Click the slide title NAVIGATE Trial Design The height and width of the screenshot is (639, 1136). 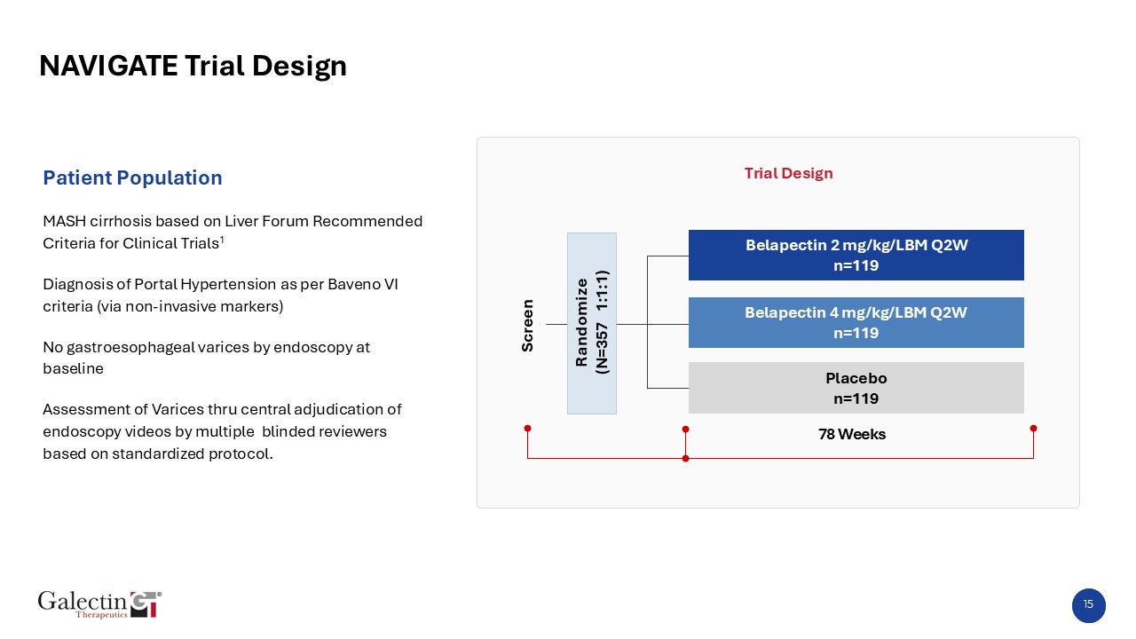(193, 66)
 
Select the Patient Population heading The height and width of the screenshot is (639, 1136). (132, 177)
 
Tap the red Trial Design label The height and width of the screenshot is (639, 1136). (788, 173)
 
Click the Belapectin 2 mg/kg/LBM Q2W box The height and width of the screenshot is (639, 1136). (856, 255)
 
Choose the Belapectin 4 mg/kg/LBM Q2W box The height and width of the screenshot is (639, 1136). (856, 322)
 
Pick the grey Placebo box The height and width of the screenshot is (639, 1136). (856, 388)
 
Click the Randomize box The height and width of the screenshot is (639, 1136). (591, 323)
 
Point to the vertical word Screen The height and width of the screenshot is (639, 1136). (527, 325)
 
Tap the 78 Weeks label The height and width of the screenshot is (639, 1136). (852, 434)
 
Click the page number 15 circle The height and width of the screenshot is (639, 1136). (1088, 605)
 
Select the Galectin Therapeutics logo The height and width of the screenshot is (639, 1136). (99, 603)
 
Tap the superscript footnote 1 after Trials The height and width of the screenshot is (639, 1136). (222, 239)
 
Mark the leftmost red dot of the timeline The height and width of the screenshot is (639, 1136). (527, 429)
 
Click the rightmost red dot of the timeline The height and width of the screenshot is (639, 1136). (1033, 429)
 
